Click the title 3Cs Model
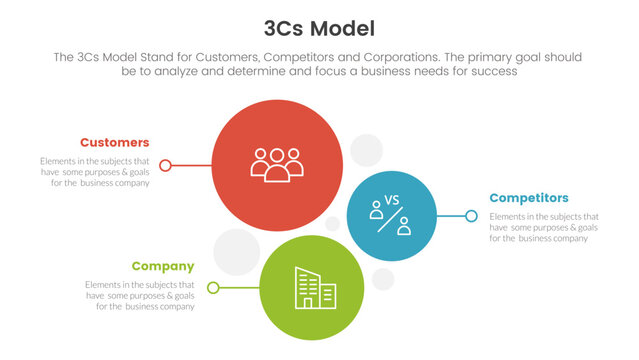[x=320, y=27]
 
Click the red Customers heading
[x=115, y=142]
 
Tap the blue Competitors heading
[x=529, y=198]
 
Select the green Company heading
[x=163, y=266]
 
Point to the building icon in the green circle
[x=313, y=288]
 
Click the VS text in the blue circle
[x=391, y=200]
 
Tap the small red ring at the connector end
[x=166, y=165]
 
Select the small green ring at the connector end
[x=213, y=288]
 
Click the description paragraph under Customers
[x=96, y=172]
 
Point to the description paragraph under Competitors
[x=544, y=227]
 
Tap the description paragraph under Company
[x=140, y=295]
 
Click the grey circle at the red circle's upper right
[x=366, y=150]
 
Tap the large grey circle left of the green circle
[x=237, y=252]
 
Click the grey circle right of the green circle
[x=383, y=278]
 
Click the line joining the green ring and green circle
[x=238, y=288]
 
